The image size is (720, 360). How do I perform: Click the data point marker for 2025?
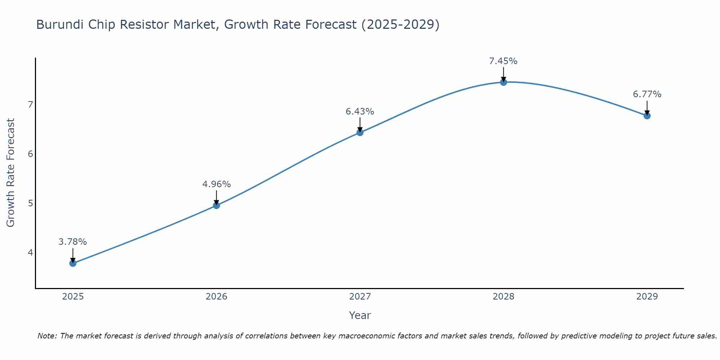(73, 263)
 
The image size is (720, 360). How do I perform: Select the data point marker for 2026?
(216, 205)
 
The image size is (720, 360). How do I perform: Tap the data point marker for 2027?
(360, 132)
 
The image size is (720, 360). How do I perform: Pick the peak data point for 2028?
(503, 82)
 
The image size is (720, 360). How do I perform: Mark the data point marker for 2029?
(647, 116)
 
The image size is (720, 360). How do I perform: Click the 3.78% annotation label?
(73, 242)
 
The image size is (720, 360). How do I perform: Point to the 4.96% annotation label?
(216, 184)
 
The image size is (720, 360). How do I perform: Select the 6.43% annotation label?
(360, 112)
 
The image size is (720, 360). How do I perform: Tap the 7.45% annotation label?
(503, 61)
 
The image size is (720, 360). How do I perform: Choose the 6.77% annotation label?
(647, 94)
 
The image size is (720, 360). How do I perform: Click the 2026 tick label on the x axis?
(216, 297)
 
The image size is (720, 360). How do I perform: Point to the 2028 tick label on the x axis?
(503, 297)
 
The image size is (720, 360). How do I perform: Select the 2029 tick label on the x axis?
(647, 297)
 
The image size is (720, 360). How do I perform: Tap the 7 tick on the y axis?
(30, 105)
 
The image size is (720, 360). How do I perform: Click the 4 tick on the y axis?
(30, 252)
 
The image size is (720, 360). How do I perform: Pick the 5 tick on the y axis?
(30, 203)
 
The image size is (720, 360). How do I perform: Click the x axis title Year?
(360, 315)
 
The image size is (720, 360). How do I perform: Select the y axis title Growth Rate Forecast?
(11, 173)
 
